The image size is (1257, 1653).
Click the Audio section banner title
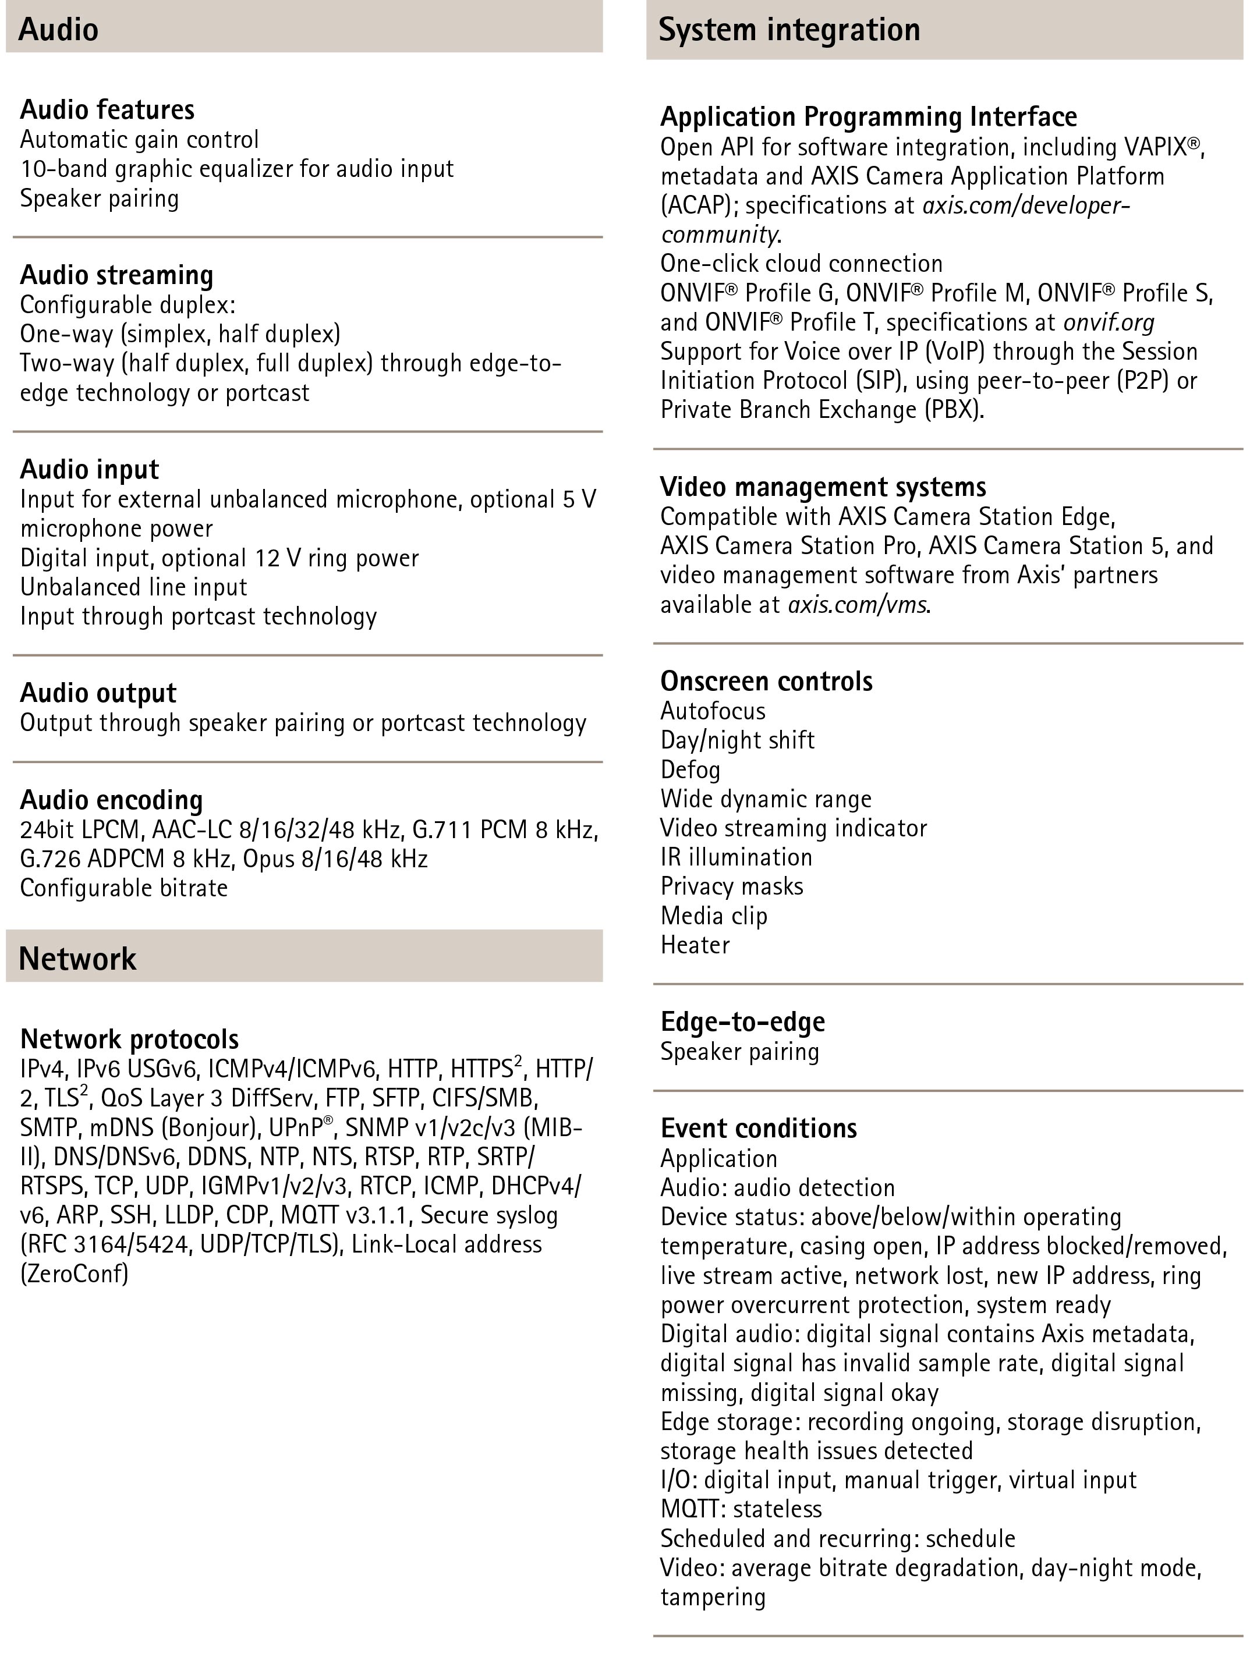[x=58, y=30]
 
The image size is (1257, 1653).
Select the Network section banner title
[x=78, y=959]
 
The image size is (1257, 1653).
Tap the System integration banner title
[x=789, y=30]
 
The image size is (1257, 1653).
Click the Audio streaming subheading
[x=116, y=275]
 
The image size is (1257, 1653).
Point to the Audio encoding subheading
[x=111, y=800]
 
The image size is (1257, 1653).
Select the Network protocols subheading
[x=129, y=1039]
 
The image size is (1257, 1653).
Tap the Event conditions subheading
[x=759, y=1128]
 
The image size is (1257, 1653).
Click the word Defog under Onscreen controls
[x=690, y=769]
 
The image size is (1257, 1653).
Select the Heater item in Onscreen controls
[x=695, y=945]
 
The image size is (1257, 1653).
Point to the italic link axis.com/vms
[x=858, y=604]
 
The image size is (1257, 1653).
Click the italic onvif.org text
[x=1109, y=322]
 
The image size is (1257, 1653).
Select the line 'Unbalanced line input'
[x=133, y=587]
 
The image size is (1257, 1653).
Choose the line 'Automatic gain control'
[x=139, y=139]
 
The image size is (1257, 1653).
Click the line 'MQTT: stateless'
[x=741, y=1509]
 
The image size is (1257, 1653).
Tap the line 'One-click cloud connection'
[x=801, y=263]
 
